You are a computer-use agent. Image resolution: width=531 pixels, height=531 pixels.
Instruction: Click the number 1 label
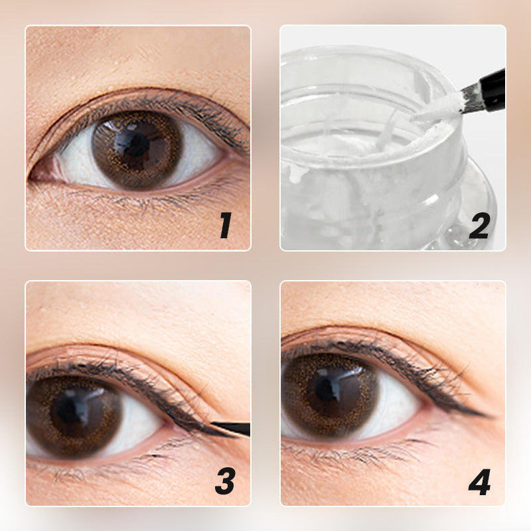pyautogui.click(x=226, y=225)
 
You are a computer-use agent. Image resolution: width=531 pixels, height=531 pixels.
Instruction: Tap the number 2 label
pyautogui.click(x=479, y=225)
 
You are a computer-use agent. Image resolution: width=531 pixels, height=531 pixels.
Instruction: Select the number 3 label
pyautogui.click(x=225, y=481)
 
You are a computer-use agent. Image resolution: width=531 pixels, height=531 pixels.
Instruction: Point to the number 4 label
pyautogui.click(x=479, y=482)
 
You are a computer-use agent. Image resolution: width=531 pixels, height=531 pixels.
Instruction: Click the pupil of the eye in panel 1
pyautogui.click(x=135, y=145)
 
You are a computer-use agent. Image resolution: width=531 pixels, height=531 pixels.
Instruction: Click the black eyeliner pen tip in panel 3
pyautogui.click(x=231, y=428)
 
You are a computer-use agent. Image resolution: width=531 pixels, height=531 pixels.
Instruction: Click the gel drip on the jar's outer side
pyautogui.click(x=295, y=172)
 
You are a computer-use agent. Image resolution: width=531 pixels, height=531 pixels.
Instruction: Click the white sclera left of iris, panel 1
pyautogui.click(x=78, y=159)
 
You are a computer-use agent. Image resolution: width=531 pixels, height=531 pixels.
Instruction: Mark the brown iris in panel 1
pyautogui.click(x=137, y=149)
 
